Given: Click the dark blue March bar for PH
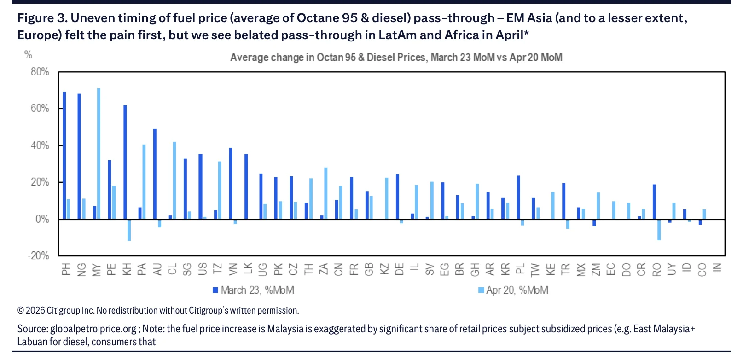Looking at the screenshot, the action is click(x=64, y=155).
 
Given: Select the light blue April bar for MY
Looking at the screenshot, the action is click(x=99, y=154).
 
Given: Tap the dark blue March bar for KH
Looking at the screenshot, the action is click(x=125, y=162).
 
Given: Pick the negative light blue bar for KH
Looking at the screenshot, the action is click(x=129, y=230).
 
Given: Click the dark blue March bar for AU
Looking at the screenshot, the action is click(x=155, y=174).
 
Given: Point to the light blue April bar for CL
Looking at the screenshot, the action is click(x=174, y=180).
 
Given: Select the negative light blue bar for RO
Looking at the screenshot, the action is click(x=659, y=230).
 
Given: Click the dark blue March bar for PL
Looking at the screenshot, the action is click(x=518, y=197).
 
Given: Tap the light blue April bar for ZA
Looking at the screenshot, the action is click(x=326, y=193).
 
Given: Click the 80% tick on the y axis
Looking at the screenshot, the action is click(x=40, y=72).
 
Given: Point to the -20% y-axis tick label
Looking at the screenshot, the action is click(x=39, y=256).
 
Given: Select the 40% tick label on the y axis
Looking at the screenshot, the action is click(x=40, y=145).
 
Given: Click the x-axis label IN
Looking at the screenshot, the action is click(x=717, y=267).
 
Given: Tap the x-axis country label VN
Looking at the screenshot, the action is click(x=233, y=269).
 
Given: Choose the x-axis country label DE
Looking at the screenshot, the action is click(x=400, y=269).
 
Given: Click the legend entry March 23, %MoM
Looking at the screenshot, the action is click(x=253, y=290).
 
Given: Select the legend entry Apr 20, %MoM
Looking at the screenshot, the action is click(x=513, y=290).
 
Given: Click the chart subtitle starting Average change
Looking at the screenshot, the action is click(x=396, y=58).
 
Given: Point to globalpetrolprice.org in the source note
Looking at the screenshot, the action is click(x=93, y=329).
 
